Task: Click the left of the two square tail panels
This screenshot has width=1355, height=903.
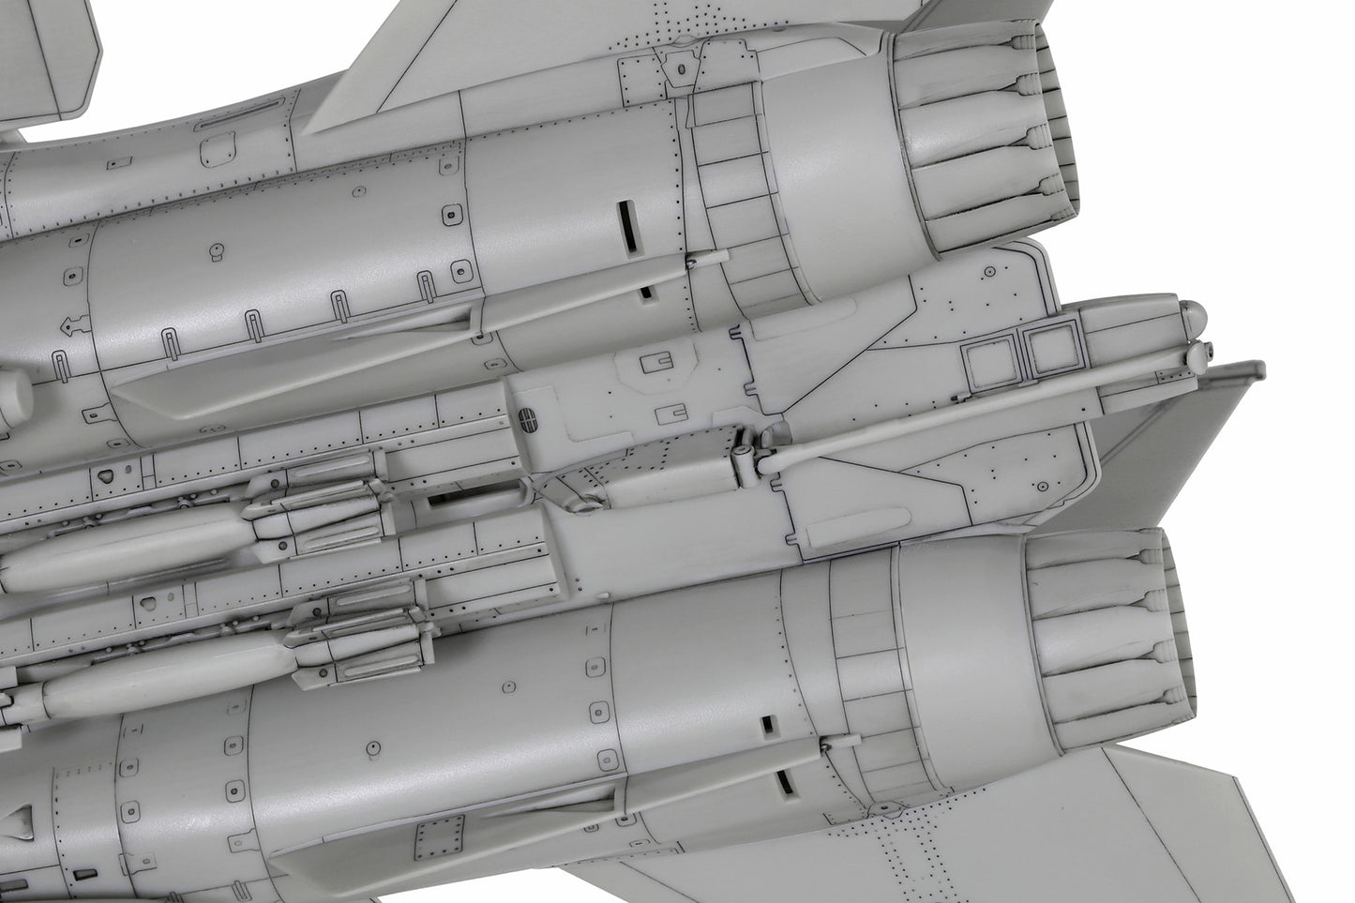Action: click(990, 364)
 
